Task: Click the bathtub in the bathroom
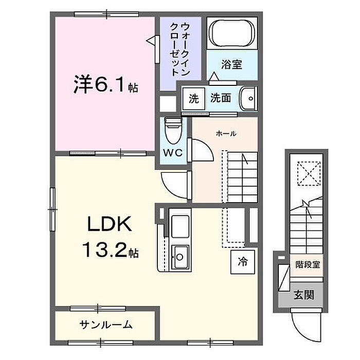tap(232, 33)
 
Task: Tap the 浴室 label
tap(231, 64)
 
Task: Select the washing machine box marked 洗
tap(193, 99)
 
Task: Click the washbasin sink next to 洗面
tap(248, 99)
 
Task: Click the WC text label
tap(173, 152)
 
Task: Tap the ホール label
tap(226, 133)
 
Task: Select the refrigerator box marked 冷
tap(243, 262)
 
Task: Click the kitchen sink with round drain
tap(180, 258)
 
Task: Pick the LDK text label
tap(110, 224)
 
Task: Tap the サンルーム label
tap(106, 325)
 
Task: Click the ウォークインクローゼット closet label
tap(180, 49)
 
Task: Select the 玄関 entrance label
tap(303, 295)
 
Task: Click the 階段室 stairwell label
tap(307, 265)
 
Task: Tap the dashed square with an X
tap(309, 174)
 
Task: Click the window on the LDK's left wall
tap(52, 209)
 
